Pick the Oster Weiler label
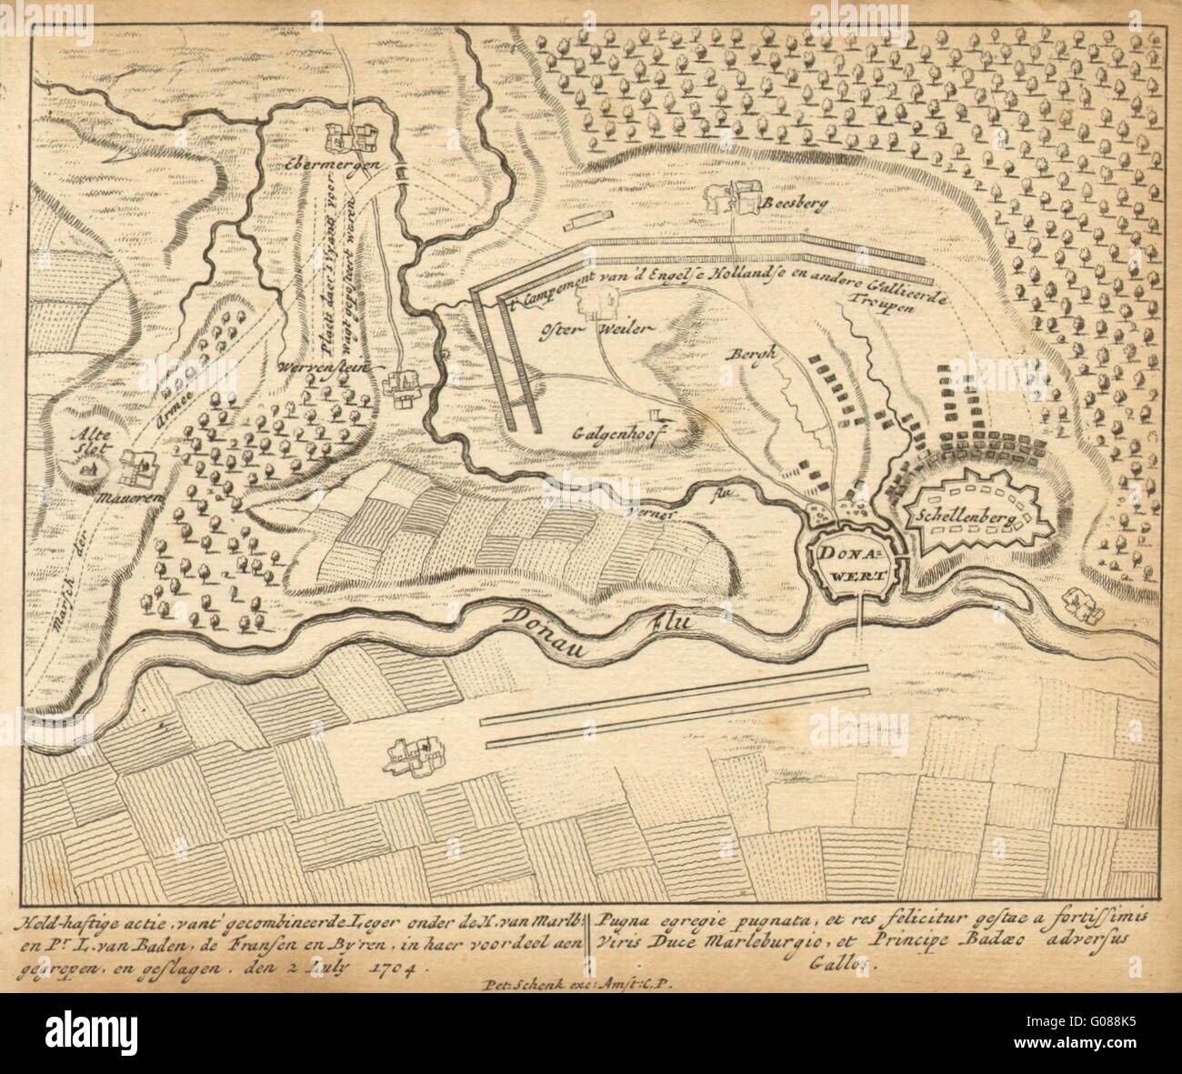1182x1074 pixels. click(x=582, y=330)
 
